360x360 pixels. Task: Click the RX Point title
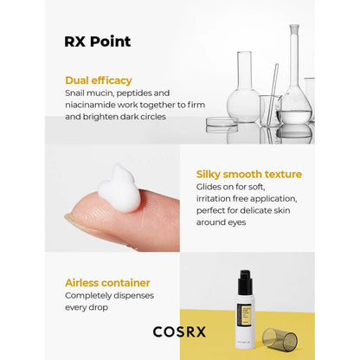98,42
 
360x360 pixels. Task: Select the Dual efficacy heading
99,80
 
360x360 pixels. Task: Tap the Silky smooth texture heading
249,174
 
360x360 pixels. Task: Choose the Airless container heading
107,283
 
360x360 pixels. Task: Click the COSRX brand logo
179,331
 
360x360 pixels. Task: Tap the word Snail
74,93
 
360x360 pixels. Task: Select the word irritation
214,199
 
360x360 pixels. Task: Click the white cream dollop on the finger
119,189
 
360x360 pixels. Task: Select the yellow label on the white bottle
245,315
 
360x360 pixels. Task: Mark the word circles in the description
153,117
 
